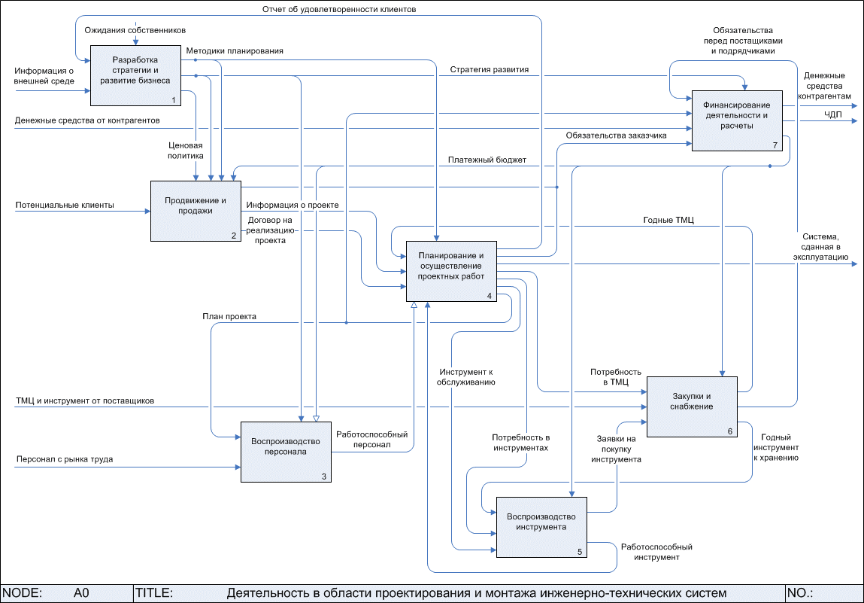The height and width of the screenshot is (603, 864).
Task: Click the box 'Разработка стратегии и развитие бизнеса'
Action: click(135, 75)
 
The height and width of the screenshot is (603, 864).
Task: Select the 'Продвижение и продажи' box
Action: click(196, 211)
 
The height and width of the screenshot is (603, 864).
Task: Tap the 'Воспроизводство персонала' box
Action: click(285, 452)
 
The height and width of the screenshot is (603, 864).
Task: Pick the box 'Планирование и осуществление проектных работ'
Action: click(451, 271)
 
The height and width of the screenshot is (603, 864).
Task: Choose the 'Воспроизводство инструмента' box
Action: click(541, 527)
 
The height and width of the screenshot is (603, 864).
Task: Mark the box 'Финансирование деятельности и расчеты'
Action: click(736, 120)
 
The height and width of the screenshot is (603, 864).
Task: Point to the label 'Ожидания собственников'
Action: click(135, 29)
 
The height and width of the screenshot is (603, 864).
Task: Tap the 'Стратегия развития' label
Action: click(490, 69)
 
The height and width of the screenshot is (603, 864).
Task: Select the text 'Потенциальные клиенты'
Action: click(65, 205)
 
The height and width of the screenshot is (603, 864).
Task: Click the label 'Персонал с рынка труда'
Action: click(64, 459)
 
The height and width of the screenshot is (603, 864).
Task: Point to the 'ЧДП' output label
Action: click(833, 114)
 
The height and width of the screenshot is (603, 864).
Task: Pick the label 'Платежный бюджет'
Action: click(487, 160)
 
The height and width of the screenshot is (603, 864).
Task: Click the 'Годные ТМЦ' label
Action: click(668, 220)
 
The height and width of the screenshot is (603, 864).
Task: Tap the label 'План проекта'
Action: click(229, 317)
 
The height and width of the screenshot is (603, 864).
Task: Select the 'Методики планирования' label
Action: click(235, 51)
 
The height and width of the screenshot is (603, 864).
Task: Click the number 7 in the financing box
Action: click(775, 145)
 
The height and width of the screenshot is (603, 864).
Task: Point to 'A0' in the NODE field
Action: click(81, 593)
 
